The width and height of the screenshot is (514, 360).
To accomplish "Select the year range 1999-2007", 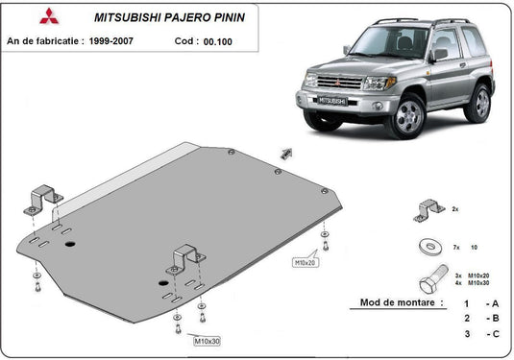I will click(134, 41).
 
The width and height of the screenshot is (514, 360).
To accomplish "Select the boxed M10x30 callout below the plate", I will click(207, 341).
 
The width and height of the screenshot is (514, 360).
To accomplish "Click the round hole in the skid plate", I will click(70, 244).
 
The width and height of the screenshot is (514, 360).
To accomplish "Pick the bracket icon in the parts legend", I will click(429, 208).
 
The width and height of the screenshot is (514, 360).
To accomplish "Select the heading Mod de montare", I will click(402, 301).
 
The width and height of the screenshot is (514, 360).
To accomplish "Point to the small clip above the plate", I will click(285, 152).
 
